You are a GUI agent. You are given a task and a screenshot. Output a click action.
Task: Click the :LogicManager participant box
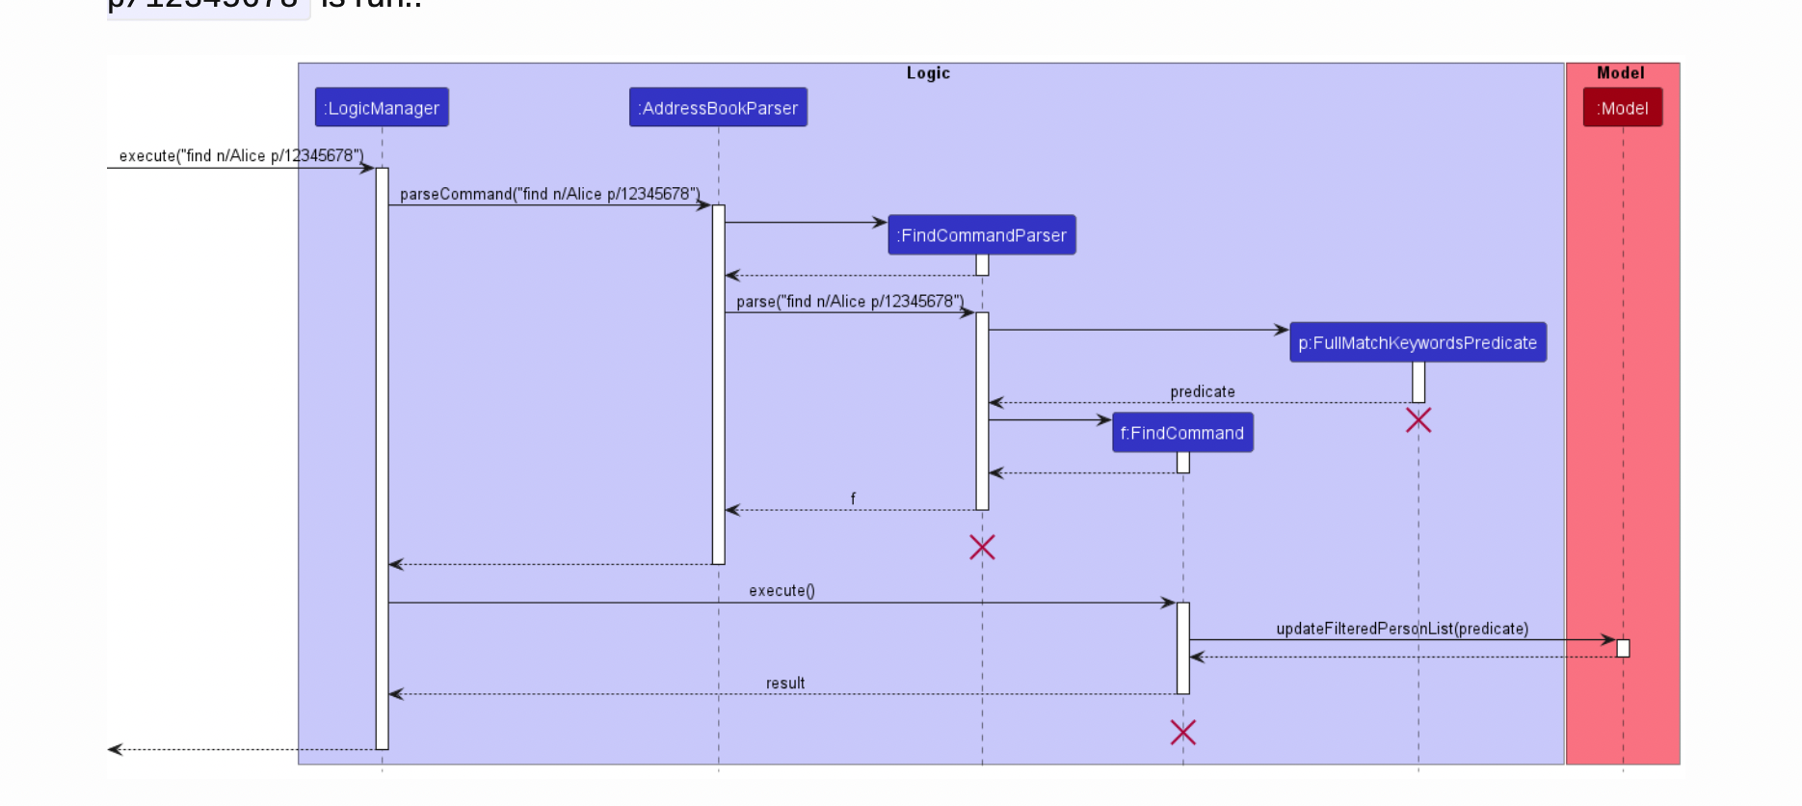click(x=382, y=108)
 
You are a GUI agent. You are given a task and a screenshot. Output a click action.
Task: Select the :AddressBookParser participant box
click(x=718, y=108)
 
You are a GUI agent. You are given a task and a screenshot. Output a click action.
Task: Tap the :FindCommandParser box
click(x=982, y=235)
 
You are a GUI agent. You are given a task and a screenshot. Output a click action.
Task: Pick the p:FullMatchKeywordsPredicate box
click(x=1418, y=343)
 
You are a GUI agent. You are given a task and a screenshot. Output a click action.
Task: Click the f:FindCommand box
click(x=1182, y=433)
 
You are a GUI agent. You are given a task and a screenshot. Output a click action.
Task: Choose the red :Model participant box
click(x=1623, y=108)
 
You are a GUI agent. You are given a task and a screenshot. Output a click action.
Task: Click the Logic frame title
click(x=928, y=73)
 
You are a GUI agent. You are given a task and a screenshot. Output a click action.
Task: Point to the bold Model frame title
click(x=1621, y=73)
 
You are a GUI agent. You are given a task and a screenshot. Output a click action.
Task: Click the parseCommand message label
click(x=550, y=194)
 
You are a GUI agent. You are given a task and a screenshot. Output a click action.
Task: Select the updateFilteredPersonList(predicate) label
click(x=1402, y=629)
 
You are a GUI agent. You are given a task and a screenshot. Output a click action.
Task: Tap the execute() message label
click(x=782, y=590)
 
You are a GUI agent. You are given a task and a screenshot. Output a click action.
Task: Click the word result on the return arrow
click(x=785, y=683)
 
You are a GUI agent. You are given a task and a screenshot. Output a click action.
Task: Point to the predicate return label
click(x=1203, y=391)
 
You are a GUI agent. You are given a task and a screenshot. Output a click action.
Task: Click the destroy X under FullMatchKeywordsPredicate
click(x=1418, y=420)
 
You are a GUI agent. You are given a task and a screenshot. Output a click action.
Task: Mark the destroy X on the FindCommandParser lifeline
click(x=982, y=548)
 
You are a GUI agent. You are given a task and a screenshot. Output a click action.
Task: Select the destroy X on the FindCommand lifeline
click(x=1183, y=733)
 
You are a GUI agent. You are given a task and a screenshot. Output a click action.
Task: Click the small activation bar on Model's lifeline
click(x=1623, y=648)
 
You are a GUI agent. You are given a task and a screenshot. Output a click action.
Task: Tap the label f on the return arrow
click(x=853, y=498)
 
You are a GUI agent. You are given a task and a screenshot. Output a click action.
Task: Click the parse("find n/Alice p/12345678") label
click(x=850, y=302)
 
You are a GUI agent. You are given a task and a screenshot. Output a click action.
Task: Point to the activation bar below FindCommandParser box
click(x=982, y=265)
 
